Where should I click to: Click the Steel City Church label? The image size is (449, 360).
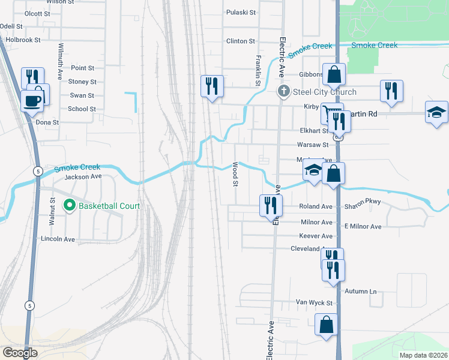324,92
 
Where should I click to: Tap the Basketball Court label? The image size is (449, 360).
109,206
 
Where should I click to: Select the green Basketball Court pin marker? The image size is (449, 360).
70,206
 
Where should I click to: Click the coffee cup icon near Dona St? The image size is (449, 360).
32,100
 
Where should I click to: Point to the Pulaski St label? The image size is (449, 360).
241,12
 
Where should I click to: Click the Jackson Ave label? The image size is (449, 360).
83,177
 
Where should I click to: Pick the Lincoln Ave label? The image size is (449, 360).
58,239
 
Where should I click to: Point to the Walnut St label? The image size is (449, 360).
52,212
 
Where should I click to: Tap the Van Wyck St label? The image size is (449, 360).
314,303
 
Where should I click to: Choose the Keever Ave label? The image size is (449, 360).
316,236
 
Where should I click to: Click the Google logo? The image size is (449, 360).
20,353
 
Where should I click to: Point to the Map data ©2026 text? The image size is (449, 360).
423,355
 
